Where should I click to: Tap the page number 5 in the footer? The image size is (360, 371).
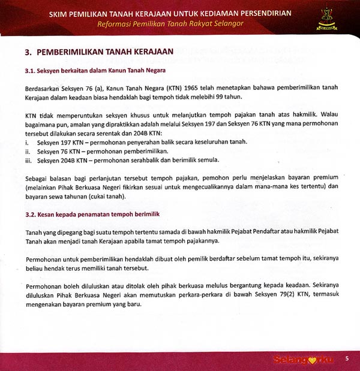point(347,358)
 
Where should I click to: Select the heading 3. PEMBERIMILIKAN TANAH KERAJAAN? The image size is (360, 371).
point(99,52)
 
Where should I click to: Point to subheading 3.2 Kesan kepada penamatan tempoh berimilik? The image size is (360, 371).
point(92,214)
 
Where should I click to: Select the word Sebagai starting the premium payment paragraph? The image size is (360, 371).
point(38,178)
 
